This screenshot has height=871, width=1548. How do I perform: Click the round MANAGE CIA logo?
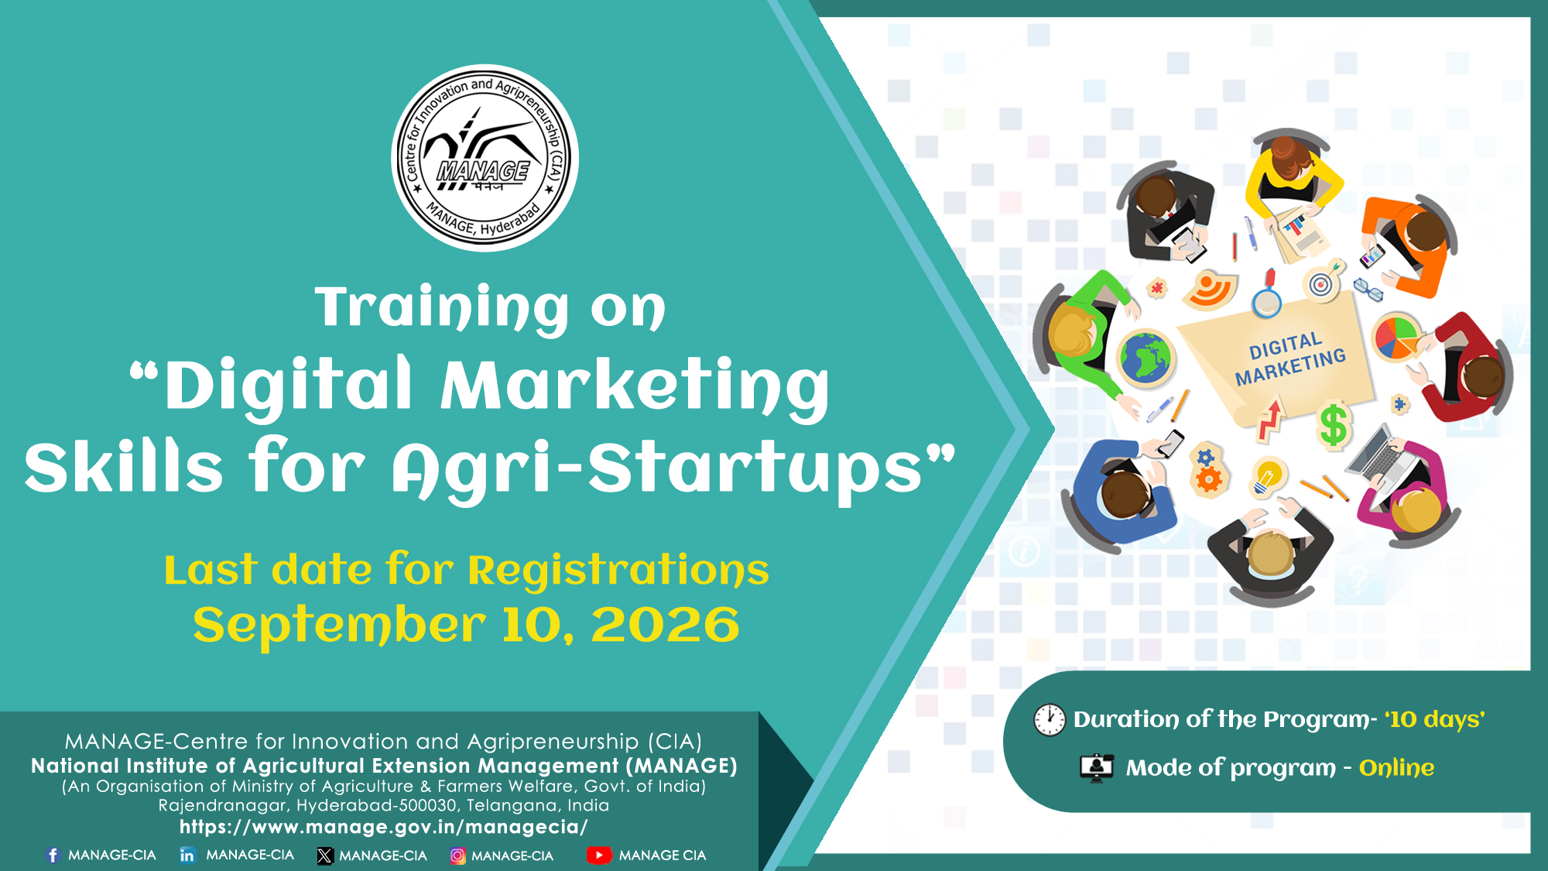click(485, 158)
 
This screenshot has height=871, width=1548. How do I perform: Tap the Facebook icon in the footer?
click(53, 855)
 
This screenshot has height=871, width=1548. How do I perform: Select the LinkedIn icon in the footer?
click(187, 855)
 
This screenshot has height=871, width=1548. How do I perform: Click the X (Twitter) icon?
click(325, 856)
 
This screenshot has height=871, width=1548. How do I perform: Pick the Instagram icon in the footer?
click(458, 856)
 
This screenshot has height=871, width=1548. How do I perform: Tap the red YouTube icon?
click(599, 856)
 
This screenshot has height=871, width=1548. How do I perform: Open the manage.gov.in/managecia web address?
click(384, 827)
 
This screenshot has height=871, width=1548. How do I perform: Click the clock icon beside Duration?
click(1050, 719)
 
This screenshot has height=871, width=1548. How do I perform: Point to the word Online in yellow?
click(1396, 767)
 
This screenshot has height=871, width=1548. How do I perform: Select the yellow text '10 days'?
click(1435, 719)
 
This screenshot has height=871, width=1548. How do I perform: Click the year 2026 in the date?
click(666, 625)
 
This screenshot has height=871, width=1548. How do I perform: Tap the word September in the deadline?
click(339, 626)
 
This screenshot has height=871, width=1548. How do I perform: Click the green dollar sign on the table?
click(1334, 425)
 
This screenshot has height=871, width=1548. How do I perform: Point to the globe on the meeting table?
click(1146, 358)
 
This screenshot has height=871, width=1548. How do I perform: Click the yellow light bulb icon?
click(1267, 476)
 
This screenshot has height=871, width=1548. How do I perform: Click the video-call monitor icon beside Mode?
click(1097, 767)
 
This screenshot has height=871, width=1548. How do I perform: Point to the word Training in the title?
click(442, 307)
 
